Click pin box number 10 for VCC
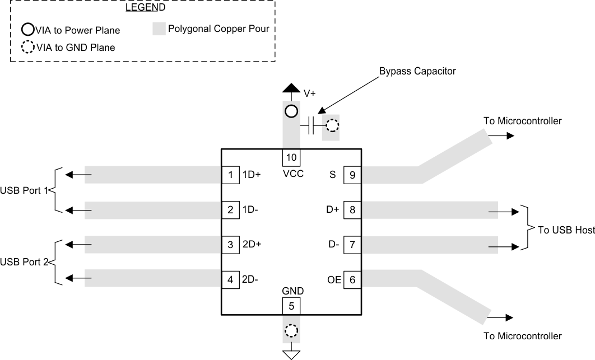pyautogui.click(x=291, y=157)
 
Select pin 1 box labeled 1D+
pyautogui.click(x=230, y=175)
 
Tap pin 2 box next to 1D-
pyautogui.click(x=230, y=210)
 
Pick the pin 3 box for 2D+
pyautogui.click(x=230, y=245)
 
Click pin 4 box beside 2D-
pyautogui.click(x=230, y=279)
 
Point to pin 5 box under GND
pyautogui.click(x=291, y=306)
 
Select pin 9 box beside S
pyautogui.click(x=352, y=175)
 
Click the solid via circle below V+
pyautogui.click(x=291, y=111)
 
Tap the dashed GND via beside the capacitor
pyautogui.click(x=332, y=125)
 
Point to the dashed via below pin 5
pyautogui.click(x=291, y=331)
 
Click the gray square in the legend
pyautogui.click(x=160, y=27)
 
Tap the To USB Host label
pyautogui.click(x=566, y=230)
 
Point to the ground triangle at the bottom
pyautogui.click(x=291, y=354)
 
